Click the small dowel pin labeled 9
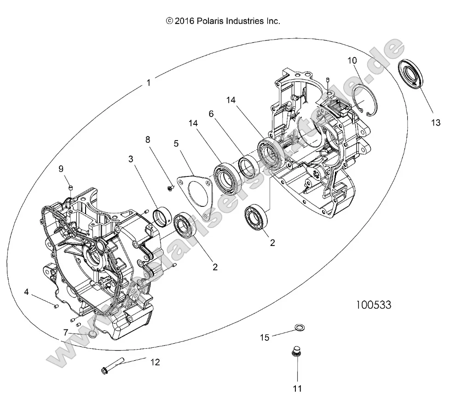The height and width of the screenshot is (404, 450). coord(71,187)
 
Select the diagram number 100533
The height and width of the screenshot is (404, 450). coord(373,304)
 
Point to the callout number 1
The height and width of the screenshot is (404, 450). coord(148,83)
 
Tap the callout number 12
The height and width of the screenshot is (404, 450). coord(155,362)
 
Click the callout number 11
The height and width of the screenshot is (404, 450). coord(297,389)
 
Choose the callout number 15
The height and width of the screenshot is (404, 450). coord(265,337)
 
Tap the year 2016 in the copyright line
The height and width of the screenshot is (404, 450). coord(184,21)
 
